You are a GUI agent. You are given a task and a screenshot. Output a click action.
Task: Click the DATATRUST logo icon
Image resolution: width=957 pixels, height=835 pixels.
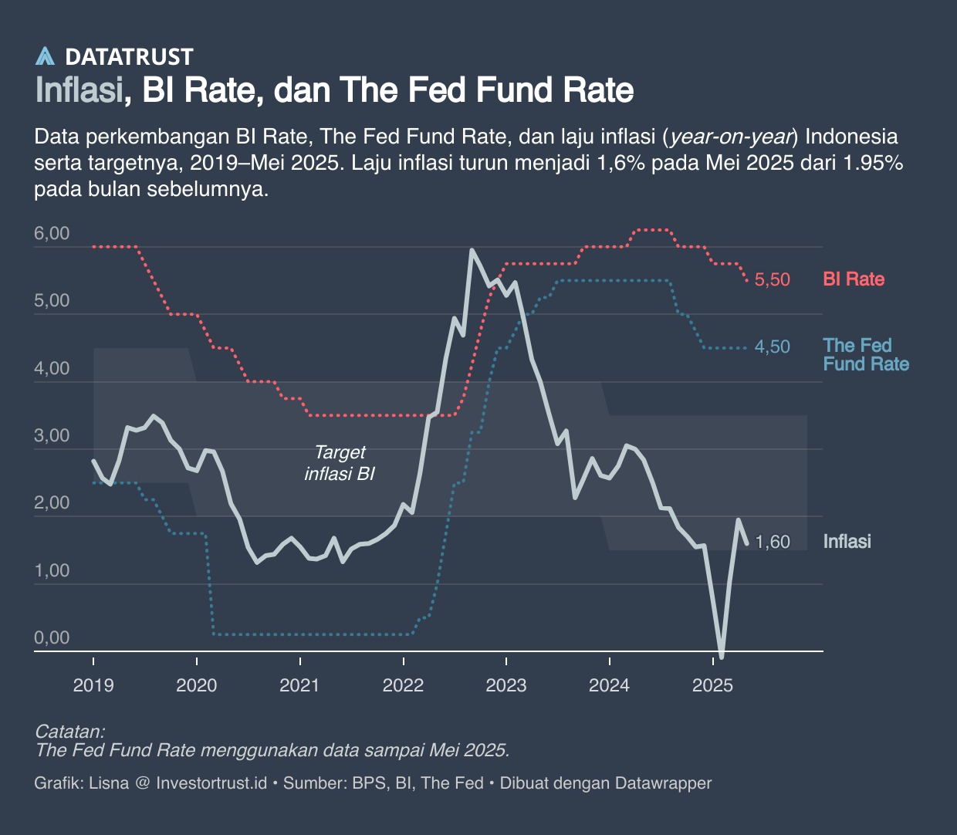pyautogui.click(x=46, y=56)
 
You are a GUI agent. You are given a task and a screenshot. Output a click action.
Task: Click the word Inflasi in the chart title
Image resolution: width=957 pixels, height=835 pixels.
pyautogui.click(x=79, y=90)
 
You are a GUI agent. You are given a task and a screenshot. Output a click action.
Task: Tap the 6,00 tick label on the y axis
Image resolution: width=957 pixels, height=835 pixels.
pyautogui.click(x=52, y=234)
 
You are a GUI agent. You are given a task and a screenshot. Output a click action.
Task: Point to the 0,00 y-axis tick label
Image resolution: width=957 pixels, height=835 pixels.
pyautogui.click(x=52, y=638)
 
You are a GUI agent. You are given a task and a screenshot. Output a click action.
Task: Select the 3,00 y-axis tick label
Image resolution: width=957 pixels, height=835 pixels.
pyautogui.click(x=52, y=436)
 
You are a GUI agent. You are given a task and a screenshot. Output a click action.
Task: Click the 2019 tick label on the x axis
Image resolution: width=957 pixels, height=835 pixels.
pyautogui.click(x=93, y=685)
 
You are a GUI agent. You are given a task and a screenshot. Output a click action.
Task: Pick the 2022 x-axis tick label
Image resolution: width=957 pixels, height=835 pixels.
pyautogui.click(x=403, y=685)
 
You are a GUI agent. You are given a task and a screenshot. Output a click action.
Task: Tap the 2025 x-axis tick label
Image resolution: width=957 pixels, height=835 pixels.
pyautogui.click(x=712, y=685)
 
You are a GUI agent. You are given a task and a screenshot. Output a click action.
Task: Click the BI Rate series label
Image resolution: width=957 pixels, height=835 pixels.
pyautogui.click(x=854, y=279)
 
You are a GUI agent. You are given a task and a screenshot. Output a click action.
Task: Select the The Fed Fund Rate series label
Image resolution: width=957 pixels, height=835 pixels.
pyautogui.click(x=865, y=355)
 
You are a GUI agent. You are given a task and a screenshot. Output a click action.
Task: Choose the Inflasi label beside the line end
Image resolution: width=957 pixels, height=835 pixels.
pyautogui.click(x=847, y=542)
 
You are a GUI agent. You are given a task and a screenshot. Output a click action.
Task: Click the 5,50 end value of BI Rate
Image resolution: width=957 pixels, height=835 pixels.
pyautogui.click(x=772, y=280)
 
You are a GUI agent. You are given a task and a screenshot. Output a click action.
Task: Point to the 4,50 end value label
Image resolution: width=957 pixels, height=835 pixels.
pyautogui.click(x=772, y=347)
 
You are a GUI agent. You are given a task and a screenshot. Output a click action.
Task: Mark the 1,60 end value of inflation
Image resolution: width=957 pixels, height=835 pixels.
pyautogui.click(x=772, y=543)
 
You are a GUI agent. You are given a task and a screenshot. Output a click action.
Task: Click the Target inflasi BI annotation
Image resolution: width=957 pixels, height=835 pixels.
pyautogui.click(x=340, y=463)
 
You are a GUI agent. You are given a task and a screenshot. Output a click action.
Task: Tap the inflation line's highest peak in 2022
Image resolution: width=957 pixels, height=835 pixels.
pyautogui.click(x=472, y=250)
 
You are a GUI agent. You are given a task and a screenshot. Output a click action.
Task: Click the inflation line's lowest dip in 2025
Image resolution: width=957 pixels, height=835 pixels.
pyautogui.click(x=722, y=657)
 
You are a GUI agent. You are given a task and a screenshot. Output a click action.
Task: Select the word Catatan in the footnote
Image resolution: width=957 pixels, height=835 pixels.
pyautogui.click(x=70, y=732)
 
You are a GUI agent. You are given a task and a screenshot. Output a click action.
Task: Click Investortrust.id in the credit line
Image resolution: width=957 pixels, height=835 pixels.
pyautogui.click(x=211, y=783)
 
